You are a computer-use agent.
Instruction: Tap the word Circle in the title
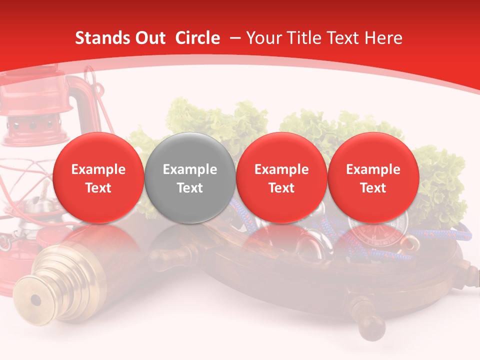[x=197, y=38]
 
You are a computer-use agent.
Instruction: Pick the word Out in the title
[x=149, y=38]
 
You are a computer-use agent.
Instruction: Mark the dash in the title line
[x=233, y=38]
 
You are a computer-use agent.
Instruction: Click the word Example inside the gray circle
[x=190, y=169]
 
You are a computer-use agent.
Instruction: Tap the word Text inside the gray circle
[x=190, y=188]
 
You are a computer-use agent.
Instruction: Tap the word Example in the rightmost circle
[x=373, y=169]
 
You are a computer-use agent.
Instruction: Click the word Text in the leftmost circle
[x=98, y=188]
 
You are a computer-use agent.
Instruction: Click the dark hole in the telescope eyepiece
[x=35, y=300]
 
